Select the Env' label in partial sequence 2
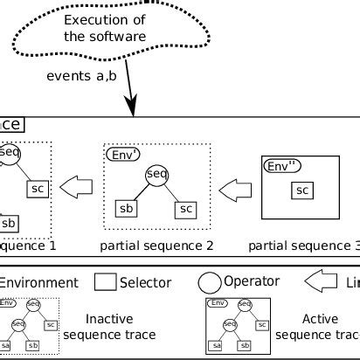click(123, 154)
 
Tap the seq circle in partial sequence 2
click(156, 174)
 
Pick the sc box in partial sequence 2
click(186, 209)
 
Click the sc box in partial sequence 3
click(301, 190)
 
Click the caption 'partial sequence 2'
click(157, 246)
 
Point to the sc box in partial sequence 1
click(37, 189)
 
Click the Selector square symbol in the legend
click(105, 282)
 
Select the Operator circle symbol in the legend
click(210, 282)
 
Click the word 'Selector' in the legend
click(145, 282)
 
